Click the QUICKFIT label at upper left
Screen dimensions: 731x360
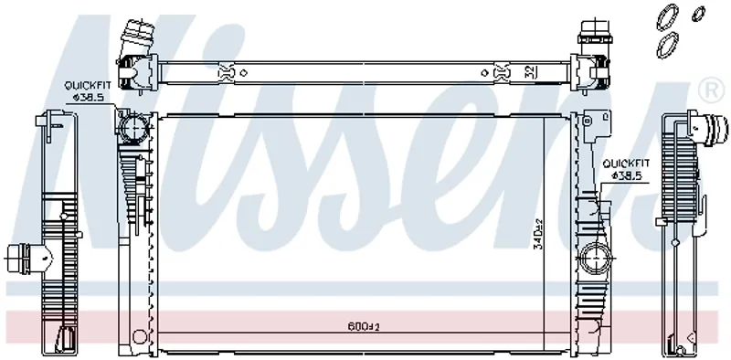(x=88, y=85)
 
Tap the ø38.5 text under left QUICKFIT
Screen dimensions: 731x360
(x=88, y=97)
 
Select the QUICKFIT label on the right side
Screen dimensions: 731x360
(x=626, y=164)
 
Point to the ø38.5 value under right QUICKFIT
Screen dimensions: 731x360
(x=627, y=175)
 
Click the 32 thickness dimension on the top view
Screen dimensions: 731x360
(x=530, y=72)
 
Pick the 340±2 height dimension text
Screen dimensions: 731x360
(x=538, y=234)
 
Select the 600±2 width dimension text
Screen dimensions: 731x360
(x=364, y=326)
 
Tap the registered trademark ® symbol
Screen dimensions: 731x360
(x=711, y=90)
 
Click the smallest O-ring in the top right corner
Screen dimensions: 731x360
(x=698, y=14)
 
